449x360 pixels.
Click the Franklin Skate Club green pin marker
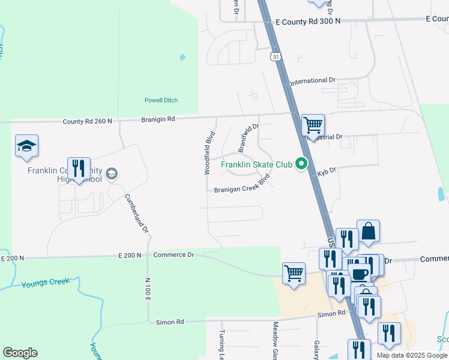[303, 164]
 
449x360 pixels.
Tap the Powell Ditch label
[161, 100]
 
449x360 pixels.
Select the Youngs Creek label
[50, 282]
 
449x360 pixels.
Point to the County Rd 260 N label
[88, 121]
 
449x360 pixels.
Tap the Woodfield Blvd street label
[208, 153]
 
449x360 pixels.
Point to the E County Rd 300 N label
[308, 21]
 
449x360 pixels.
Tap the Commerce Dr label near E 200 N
[174, 255]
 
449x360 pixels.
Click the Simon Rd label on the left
[170, 322]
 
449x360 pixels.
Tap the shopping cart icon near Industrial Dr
[313, 125]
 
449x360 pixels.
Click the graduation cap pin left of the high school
[26, 146]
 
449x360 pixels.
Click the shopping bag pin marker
[368, 231]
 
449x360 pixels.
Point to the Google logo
[20, 353]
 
